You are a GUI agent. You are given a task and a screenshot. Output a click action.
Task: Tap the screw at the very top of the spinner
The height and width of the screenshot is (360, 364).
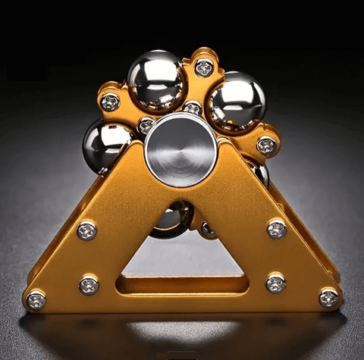(203, 68)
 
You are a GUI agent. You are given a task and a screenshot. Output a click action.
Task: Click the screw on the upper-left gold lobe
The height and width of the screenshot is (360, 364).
(111, 102)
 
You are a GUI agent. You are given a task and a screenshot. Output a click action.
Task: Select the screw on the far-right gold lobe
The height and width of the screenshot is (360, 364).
(265, 146)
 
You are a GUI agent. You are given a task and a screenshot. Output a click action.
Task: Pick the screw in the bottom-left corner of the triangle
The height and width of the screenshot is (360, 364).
(36, 300)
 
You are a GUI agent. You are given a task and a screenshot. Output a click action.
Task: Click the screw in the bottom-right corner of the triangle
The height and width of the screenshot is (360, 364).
(328, 298)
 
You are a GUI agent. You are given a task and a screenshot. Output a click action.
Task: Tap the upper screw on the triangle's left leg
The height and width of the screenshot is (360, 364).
(86, 230)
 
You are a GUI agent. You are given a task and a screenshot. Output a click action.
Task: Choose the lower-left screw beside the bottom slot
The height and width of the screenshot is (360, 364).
(89, 285)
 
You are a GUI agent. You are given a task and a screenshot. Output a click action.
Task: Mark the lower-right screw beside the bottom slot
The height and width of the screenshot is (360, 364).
(275, 283)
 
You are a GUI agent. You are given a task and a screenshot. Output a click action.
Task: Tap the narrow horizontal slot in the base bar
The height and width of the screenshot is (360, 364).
(182, 285)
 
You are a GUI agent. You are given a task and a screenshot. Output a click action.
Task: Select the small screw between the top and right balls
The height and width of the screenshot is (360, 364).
(193, 109)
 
